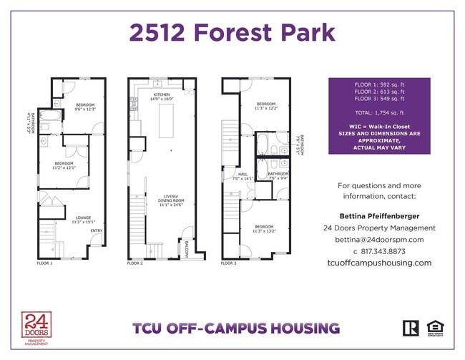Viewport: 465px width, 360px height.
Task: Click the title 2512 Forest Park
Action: click(232, 33)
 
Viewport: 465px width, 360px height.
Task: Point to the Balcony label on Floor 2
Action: click(187, 249)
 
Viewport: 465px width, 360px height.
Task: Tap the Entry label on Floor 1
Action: click(96, 230)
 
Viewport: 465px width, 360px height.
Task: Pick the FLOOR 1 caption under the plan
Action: click(44, 263)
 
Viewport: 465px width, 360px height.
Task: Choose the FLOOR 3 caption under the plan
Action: click(229, 263)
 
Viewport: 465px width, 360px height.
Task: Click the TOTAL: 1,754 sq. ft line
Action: click(379, 112)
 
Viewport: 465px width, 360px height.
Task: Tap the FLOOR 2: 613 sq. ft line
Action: click(379, 92)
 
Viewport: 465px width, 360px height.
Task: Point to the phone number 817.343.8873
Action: click(379, 251)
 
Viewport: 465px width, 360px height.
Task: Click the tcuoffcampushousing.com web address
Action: click(378, 263)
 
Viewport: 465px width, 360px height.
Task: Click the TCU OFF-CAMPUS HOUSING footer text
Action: click(235, 329)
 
